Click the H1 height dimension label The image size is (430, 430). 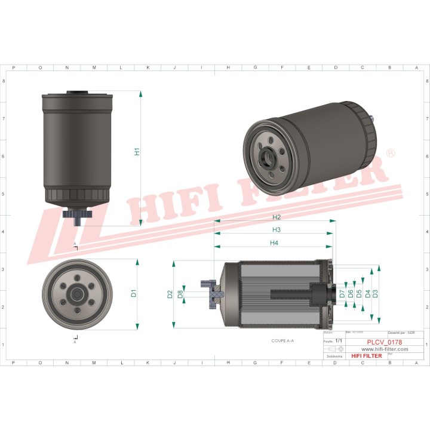[137, 152]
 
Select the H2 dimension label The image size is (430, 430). [277, 217]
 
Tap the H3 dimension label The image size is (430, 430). [277, 230]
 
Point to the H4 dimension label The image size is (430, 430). [274, 243]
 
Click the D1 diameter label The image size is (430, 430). [134, 293]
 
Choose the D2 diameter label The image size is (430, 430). [170, 294]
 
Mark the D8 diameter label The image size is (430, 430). [180, 294]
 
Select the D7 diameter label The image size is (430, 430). [342, 294]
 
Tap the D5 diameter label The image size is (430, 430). [359, 294]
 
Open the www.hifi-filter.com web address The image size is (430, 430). [385, 349]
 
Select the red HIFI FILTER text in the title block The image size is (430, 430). [367, 356]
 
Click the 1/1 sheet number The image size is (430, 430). [340, 340]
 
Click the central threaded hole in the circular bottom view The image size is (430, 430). [76, 293]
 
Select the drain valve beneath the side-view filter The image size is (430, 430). [78, 216]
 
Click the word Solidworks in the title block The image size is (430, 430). [335, 355]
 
